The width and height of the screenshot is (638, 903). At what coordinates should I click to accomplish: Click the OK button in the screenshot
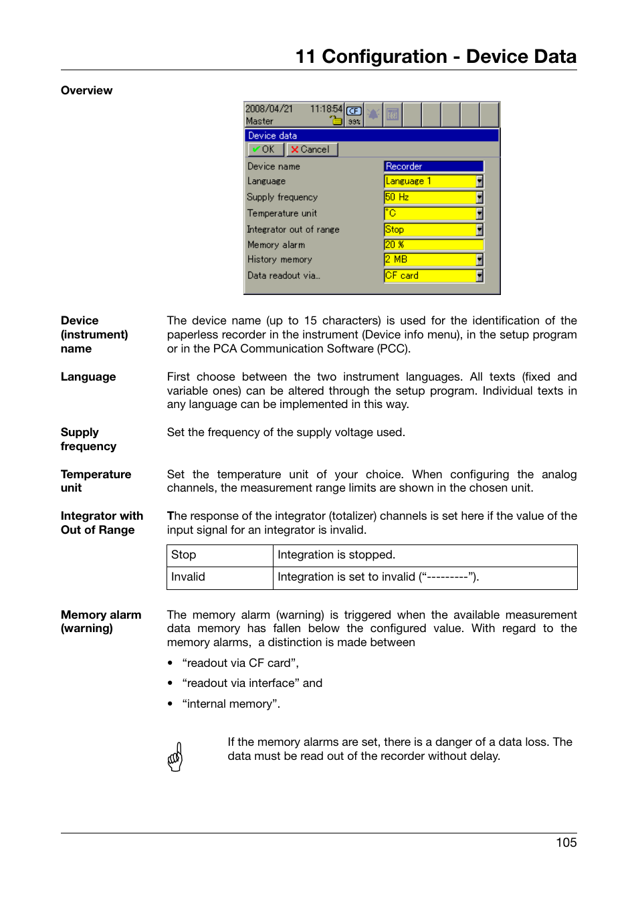tap(263, 150)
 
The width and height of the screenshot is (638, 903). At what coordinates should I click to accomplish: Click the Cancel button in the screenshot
tap(310, 150)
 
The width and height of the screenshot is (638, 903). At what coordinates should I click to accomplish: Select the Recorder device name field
tap(433, 167)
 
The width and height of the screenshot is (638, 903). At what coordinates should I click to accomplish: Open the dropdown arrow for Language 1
tap(480, 181)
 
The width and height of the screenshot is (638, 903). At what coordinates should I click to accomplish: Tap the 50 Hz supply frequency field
tap(429, 197)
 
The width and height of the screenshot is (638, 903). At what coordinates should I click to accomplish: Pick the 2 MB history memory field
tap(429, 260)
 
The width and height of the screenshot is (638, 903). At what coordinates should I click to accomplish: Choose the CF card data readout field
tap(429, 276)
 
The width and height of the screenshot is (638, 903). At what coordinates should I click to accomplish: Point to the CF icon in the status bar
tap(354, 111)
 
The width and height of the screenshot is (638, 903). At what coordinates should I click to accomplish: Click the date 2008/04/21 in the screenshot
tap(269, 108)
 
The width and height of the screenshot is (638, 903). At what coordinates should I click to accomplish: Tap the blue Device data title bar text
tap(273, 136)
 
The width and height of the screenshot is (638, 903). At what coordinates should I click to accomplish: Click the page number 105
tap(566, 843)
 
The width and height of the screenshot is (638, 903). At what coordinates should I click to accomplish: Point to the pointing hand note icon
tap(175, 757)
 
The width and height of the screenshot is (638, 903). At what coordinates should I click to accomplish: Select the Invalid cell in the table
tap(189, 577)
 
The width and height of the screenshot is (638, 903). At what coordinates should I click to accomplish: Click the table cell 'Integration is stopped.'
tap(336, 555)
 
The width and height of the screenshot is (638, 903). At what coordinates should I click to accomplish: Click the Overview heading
tap(86, 91)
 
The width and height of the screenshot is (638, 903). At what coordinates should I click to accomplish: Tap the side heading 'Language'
tap(88, 377)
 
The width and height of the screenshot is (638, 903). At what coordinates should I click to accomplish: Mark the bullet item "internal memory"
tap(231, 704)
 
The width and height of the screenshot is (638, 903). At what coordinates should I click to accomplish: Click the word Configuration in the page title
tap(384, 57)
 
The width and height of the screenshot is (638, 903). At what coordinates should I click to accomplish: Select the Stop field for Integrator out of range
tap(429, 229)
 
